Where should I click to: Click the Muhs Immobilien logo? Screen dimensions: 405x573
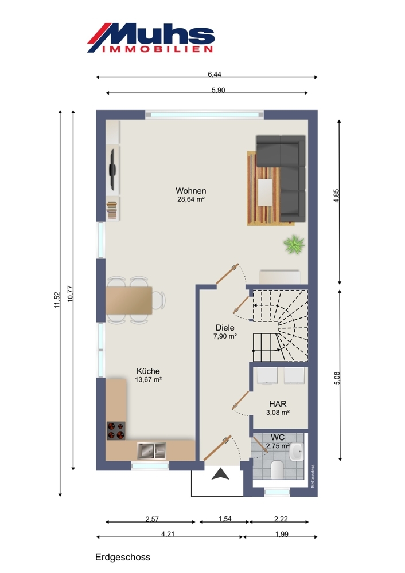pyautogui.click(x=150, y=38)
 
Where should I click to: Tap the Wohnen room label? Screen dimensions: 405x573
pyautogui.click(x=190, y=191)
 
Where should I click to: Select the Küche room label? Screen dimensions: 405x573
pyautogui.click(x=148, y=371)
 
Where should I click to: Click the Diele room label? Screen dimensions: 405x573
pyautogui.click(x=225, y=328)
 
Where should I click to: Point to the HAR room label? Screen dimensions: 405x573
pyautogui.click(x=278, y=404)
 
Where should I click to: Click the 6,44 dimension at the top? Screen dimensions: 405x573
pyautogui.click(x=215, y=74)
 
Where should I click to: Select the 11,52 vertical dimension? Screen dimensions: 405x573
pyautogui.click(x=57, y=300)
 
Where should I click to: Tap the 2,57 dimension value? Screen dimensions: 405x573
pyautogui.click(x=152, y=519)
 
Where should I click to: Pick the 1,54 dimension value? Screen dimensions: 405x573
pyautogui.click(x=225, y=519)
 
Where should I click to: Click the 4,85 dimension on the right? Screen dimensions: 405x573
pyautogui.click(x=337, y=195)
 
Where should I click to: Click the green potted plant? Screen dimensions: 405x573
pyautogui.click(x=294, y=244)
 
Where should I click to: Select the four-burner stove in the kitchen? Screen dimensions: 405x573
pyautogui.click(x=116, y=431)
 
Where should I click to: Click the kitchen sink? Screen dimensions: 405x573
pyautogui.click(x=151, y=450)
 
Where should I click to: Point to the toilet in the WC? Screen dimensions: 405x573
pyautogui.click(x=277, y=469)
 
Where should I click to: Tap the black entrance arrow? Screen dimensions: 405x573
pyautogui.click(x=221, y=474)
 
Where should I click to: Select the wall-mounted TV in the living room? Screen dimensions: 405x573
pyautogui.click(x=112, y=171)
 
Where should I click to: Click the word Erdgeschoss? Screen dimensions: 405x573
pyautogui.click(x=123, y=558)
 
